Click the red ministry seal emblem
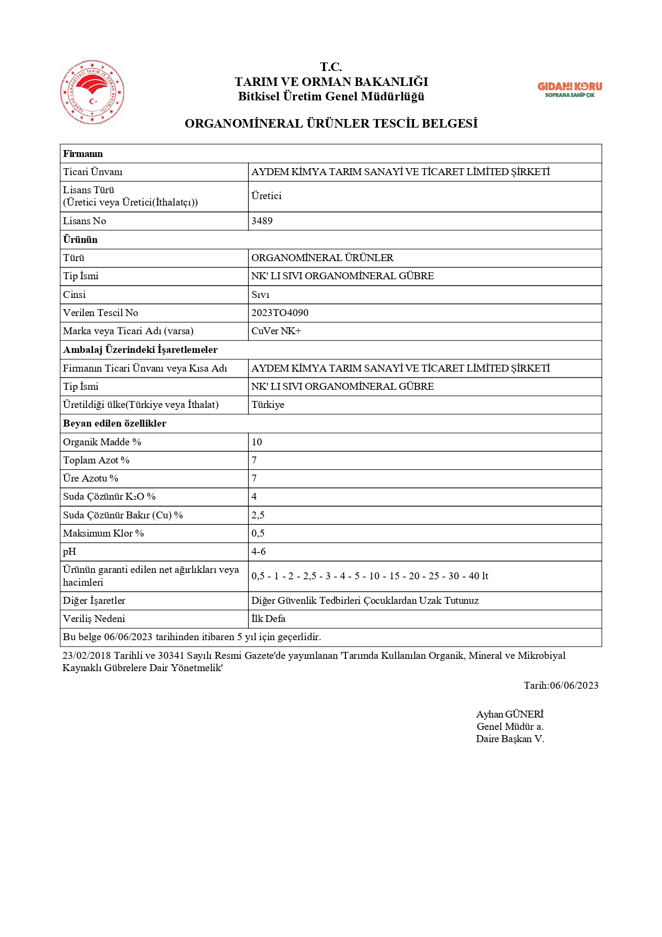[92, 92]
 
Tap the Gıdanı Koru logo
[569, 89]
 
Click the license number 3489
[262, 221]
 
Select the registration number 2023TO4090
[280, 313]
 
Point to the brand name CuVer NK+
[276, 331]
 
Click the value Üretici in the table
[266, 196]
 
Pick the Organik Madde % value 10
[257, 442]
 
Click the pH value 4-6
[258, 552]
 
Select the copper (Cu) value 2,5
[258, 515]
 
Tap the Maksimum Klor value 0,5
[258, 533]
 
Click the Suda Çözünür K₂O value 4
[254, 497]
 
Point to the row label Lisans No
[84, 221]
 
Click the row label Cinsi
[74, 295]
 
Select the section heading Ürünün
[80, 240]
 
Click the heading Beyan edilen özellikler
[115, 423]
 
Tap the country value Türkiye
[268, 405]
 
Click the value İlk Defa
[269, 619]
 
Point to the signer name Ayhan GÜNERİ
[510, 714]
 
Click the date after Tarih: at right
[574, 686]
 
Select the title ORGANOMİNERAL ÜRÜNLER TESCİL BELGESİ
[331, 123]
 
